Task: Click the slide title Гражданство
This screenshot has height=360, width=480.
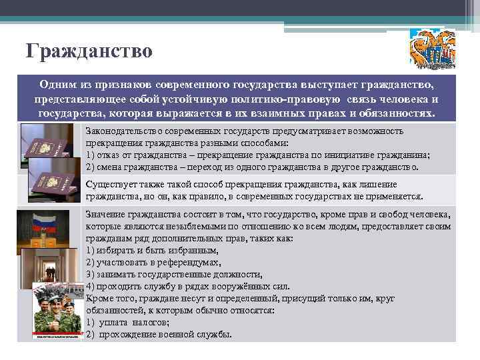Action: [89, 51]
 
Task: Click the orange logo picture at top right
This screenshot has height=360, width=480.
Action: [433, 51]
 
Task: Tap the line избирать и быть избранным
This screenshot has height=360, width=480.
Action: [152, 250]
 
